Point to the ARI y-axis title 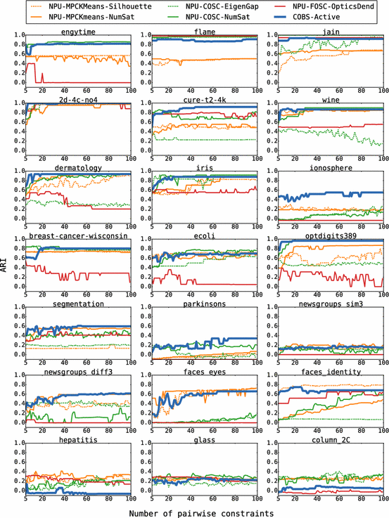(x=6, y=267)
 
